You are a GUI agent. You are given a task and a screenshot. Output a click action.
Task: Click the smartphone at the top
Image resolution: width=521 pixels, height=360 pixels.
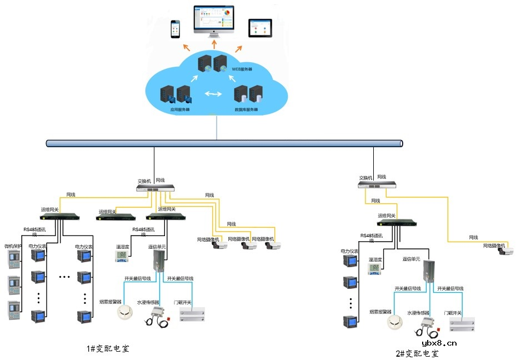(x=176, y=29)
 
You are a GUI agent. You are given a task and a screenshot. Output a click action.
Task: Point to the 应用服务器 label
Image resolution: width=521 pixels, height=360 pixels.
(x=180, y=109)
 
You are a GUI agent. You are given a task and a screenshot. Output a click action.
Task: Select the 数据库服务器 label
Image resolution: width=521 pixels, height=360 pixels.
(x=247, y=109)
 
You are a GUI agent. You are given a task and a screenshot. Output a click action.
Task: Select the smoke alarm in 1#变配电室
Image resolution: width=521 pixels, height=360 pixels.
(x=126, y=313)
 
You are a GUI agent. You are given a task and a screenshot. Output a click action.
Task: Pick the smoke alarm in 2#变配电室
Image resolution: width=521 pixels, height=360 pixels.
(x=395, y=322)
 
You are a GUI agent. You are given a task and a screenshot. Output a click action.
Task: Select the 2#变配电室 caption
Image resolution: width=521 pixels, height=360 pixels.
(x=417, y=353)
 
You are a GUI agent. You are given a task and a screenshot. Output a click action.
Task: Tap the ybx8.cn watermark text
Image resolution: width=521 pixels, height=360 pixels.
(x=439, y=343)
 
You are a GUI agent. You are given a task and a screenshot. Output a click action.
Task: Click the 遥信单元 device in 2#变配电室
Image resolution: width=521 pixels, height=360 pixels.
(x=429, y=272)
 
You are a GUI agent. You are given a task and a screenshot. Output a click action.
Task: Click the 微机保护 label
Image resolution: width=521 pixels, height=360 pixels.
(x=13, y=246)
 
